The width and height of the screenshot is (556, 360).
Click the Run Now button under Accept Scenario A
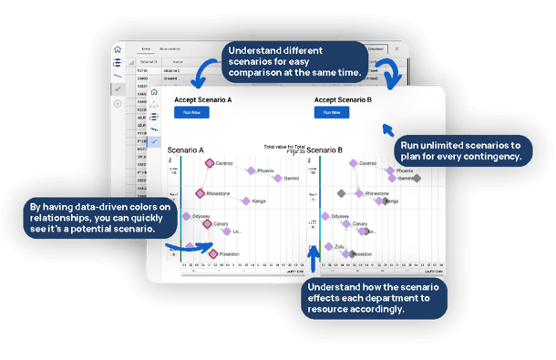click(191, 112)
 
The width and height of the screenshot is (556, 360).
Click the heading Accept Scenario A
click(203, 99)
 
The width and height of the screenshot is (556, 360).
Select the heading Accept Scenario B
click(344, 99)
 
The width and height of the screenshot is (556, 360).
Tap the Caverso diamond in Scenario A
click(209, 163)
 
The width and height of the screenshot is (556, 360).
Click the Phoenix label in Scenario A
click(265, 170)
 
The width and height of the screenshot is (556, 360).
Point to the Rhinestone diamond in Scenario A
click(201, 193)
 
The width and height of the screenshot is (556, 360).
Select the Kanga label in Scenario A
click(259, 201)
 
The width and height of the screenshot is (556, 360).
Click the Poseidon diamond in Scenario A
click(214, 254)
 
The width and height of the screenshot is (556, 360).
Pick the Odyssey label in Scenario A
click(201, 216)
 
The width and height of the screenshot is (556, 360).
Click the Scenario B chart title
click(324, 149)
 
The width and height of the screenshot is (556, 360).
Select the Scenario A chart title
click(186, 149)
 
